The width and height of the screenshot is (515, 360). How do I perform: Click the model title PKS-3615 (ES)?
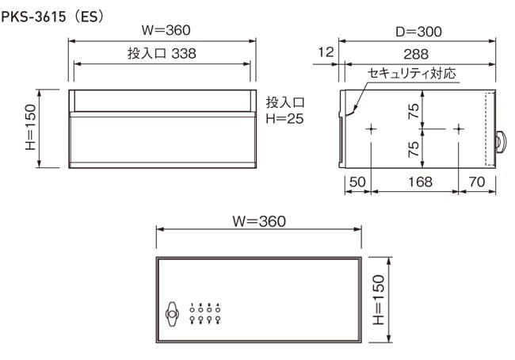pos(52,17)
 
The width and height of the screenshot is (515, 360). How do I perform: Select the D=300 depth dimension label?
pos(418,32)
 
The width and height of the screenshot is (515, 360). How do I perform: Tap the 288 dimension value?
pos(416,54)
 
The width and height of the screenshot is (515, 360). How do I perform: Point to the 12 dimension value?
pos(326,52)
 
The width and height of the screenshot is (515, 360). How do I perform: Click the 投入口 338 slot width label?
pos(162,53)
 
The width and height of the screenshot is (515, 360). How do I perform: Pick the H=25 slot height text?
pos(284,119)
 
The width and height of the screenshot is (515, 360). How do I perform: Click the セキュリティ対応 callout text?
pos(411,73)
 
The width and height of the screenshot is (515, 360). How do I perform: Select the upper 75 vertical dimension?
pos(414,111)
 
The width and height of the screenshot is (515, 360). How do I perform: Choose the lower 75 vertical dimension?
pos(414,149)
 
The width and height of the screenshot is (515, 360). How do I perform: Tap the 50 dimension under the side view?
pos(357,182)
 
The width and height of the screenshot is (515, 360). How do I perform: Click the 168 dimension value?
pos(420,182)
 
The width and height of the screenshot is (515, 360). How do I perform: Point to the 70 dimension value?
pos(477,182)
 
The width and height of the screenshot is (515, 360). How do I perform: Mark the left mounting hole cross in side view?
pos(371,129)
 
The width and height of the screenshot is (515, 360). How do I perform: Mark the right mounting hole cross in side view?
pos(459,129)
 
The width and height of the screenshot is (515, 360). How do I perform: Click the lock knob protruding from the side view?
pos(501,142)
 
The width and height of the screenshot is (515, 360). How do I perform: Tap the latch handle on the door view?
pos(172,314)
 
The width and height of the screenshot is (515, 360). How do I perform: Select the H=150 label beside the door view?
pos(379,300)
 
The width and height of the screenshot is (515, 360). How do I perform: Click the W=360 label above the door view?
pos(259,221)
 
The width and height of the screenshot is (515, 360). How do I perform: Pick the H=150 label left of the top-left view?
pos(30,127)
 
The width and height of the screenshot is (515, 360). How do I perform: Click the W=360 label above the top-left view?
pos(166,30)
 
